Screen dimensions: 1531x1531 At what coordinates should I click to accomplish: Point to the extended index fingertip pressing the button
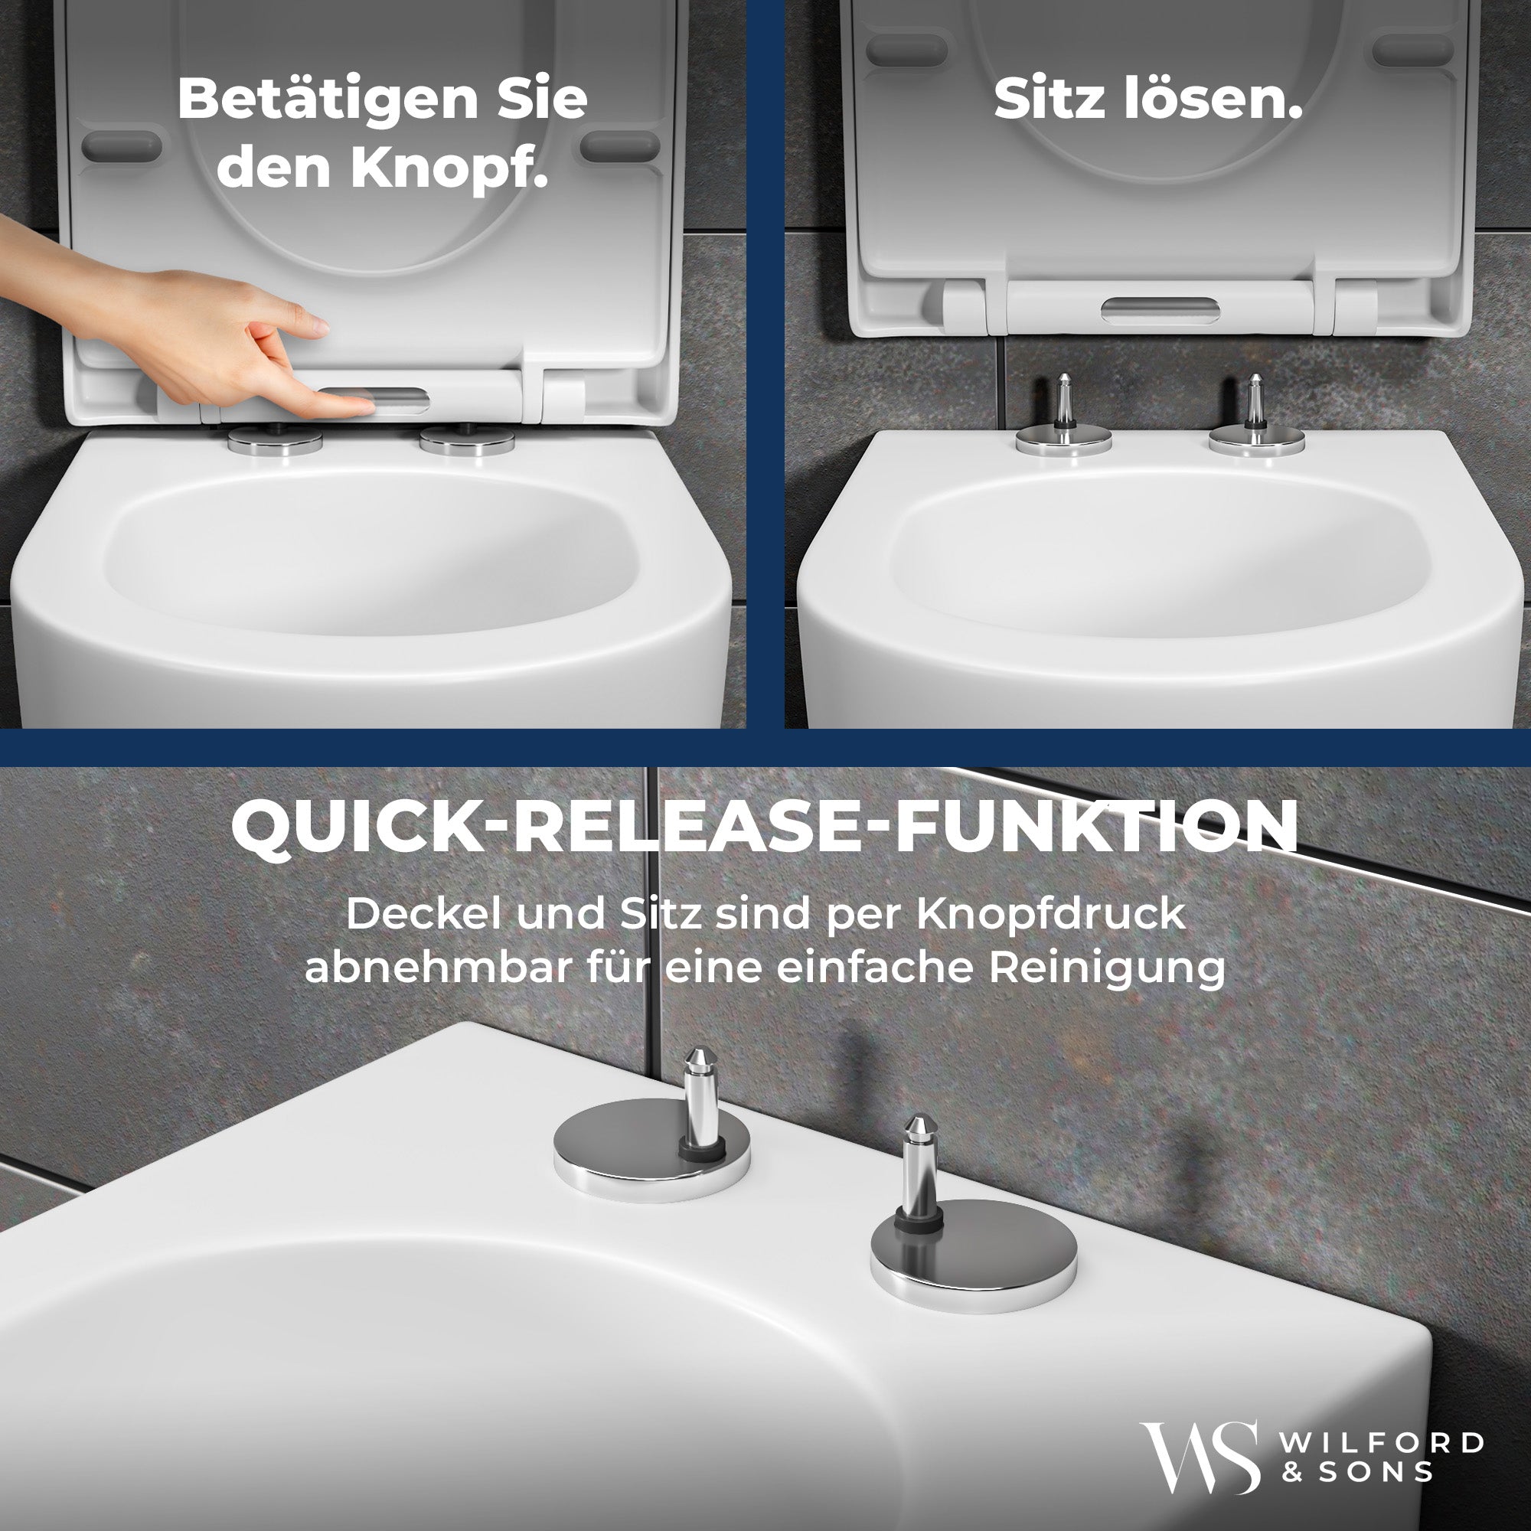(x=361, y=406)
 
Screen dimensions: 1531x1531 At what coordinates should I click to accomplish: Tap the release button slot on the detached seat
(x=1157, y=311)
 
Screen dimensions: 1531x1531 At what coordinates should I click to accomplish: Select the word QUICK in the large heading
(x=338, y=826)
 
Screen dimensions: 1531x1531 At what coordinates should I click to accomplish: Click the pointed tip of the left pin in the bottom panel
(x=697, y=1056)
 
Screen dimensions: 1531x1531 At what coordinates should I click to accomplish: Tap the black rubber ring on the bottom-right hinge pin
(x=919, y=1217)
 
